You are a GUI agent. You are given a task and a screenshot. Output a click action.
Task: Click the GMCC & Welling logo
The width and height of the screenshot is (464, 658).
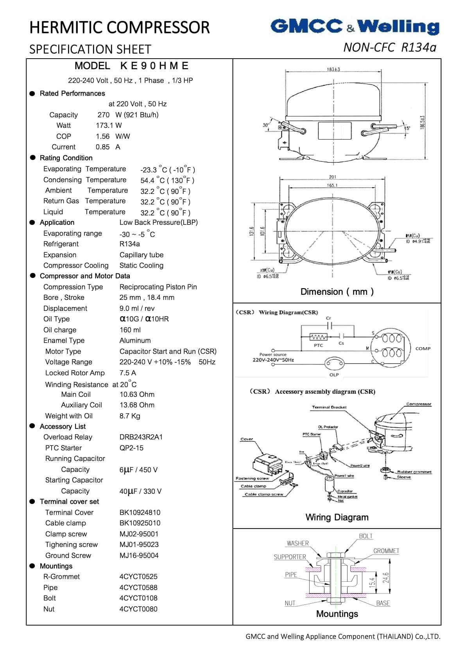(355, 27)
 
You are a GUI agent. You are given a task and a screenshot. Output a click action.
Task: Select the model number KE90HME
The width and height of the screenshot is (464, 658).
(154, 66)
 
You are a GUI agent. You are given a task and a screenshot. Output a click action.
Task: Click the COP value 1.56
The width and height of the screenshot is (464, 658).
(103, 136)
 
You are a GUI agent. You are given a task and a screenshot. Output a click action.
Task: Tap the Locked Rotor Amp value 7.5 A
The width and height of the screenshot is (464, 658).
(128, 373)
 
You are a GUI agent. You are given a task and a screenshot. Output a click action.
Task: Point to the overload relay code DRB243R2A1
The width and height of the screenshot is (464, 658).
(141, 437)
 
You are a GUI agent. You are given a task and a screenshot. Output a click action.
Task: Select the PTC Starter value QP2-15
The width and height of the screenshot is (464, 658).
(131, 448)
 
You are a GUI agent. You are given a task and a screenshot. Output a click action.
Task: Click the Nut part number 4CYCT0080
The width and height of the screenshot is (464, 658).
(138, 609)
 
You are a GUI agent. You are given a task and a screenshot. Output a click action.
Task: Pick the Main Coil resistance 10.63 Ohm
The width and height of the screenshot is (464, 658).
(137, 394)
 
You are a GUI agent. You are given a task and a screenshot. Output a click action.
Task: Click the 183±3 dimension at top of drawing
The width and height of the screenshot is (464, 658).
(333, 69)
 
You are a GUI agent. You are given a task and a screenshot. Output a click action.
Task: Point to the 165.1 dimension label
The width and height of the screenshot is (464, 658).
(332, 185)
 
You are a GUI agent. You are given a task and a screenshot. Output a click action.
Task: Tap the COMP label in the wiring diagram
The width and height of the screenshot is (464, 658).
(423, 348)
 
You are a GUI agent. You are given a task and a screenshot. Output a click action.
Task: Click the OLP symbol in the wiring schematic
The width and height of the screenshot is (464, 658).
(334, 364)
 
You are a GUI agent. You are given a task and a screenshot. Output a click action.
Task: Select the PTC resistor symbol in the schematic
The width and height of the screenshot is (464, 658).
(318, 337)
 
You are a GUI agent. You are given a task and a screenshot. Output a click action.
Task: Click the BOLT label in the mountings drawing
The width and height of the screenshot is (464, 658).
(365, 536)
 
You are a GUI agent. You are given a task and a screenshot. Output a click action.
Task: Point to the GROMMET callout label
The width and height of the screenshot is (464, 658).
(386, 551)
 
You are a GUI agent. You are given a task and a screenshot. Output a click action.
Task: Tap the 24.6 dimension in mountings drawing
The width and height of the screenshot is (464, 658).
(386, 577)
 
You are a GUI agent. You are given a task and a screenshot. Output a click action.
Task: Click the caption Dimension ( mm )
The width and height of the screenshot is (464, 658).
(337, 292)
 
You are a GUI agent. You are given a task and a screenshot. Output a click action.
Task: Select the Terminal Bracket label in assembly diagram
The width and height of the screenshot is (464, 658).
(329, 407)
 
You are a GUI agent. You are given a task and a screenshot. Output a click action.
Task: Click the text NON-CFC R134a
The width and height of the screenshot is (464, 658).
(389, 47)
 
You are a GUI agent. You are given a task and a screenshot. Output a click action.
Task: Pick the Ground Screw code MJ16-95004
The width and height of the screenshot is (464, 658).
(139, 556)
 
